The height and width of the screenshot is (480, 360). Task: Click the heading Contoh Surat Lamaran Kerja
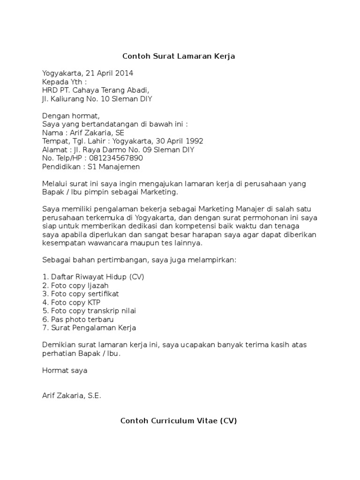coord(178,56)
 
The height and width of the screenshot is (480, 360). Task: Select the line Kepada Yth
coord(64,82)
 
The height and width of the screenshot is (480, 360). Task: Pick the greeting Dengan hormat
coord(71,116)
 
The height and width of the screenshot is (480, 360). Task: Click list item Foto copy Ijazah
coord(80,285)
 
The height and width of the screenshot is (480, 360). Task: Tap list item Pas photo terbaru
coord(78,319)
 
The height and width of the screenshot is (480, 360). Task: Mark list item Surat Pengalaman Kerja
coord(89,328)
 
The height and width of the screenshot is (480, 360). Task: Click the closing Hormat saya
coord(65,370)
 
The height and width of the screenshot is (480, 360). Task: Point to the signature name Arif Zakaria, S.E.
coord(72,396)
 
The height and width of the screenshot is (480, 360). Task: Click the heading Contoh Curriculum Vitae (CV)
coord(179,420)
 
